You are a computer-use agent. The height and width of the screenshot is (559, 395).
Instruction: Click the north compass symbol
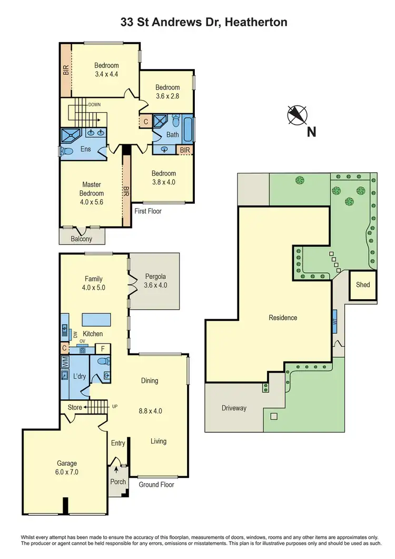296,115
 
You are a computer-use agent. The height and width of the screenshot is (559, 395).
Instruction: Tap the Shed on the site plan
363,285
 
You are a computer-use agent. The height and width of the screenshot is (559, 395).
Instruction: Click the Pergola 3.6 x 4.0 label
155,281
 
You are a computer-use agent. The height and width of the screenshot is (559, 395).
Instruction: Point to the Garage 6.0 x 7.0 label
67,468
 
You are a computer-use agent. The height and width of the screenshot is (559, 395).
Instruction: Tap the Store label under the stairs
75,407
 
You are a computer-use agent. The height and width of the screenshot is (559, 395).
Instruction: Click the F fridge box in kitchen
103,348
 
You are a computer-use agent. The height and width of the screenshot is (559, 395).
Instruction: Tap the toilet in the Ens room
66,151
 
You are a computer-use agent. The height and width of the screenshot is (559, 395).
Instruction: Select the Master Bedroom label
92,189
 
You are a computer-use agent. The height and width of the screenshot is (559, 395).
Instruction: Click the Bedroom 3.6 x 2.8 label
167,92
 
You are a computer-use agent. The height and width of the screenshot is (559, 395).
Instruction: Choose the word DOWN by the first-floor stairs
95,105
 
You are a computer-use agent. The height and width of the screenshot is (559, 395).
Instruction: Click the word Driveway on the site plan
234,408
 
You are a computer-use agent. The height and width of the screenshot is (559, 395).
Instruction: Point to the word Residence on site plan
283,318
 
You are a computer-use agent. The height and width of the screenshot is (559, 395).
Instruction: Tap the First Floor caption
148,211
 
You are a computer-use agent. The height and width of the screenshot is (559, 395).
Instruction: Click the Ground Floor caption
156,485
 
